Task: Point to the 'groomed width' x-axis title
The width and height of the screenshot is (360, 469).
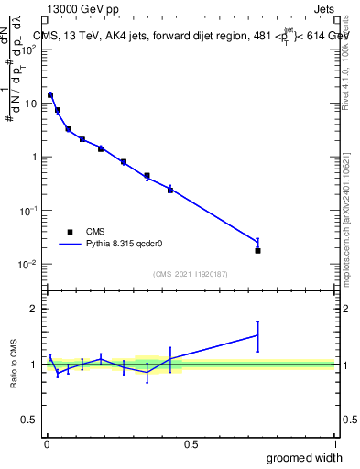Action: click(x=300, y=456)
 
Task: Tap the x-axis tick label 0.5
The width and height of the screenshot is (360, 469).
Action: click(x=191, y=443)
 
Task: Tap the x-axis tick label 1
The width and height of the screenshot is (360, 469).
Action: click(x=333, y=443)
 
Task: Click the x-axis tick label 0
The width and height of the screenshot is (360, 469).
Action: click(x=47, y=443)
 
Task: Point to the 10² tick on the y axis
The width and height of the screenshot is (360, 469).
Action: click(x=29, y=49)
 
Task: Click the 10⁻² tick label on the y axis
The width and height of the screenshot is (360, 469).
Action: click(x=29, y=265)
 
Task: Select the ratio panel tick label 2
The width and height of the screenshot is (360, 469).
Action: click(x=33, y=309)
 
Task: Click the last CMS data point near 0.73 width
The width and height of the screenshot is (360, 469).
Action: click(x=257, y=250)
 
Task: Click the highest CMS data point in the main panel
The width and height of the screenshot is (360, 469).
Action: click(x=50, y=94)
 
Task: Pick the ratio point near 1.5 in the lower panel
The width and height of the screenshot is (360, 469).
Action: click(x=257, y=335)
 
